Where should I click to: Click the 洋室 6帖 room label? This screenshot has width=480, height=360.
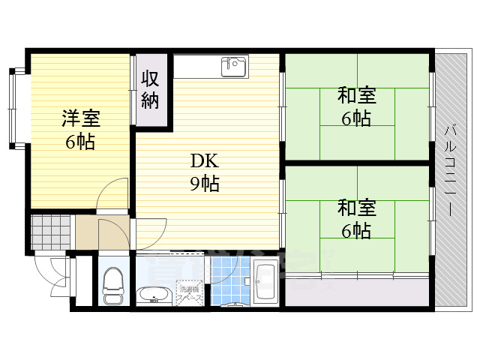tap(79, 129)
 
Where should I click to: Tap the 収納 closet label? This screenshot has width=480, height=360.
tap(151, 89)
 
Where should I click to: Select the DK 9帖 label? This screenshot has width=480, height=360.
tap(203, 172)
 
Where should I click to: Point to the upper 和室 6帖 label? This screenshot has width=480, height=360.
tap(356, 106)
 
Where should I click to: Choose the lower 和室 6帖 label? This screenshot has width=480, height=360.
tap(356, 218)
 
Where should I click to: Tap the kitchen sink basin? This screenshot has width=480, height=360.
tap(233, 66)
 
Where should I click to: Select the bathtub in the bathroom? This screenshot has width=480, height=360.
tap(265, 283)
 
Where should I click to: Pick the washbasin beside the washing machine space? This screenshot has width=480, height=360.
tap(154, 295)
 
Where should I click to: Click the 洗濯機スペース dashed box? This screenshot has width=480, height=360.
tap(187, 293)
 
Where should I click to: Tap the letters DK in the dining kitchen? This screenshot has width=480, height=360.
tap(204, 160)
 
